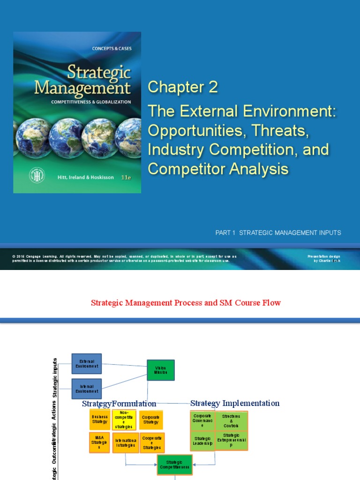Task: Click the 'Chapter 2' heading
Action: [183, 87]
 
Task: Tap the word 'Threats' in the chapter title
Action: [281, 132]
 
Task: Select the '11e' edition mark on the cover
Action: [126, 178]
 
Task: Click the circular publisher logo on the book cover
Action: [34, 174]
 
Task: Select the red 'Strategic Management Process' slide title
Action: [186, 303]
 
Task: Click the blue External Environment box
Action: [87, 364]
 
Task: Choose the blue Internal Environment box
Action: [87, 389]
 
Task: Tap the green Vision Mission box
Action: [161, 370]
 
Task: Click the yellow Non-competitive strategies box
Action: [124, 420]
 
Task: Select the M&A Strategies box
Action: [99, 442]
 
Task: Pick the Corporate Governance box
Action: [202, 420]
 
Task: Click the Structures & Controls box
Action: [231, 420]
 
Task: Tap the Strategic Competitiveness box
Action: [174, 465]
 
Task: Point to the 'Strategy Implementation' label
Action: [235, 403]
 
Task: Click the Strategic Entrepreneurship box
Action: [231, 441]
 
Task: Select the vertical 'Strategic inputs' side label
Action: [55, 378]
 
